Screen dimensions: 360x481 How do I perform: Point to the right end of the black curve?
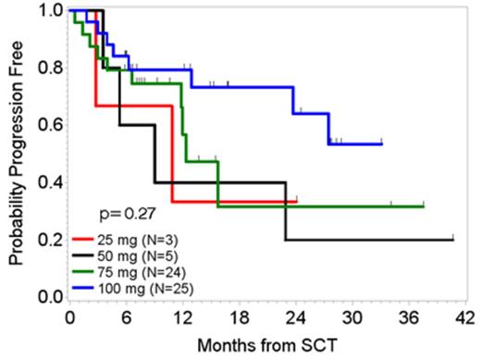tap(453, 240)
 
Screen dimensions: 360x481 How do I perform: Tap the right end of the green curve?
tap(424, 206)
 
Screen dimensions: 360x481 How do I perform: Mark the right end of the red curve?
tap(297, 201)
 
